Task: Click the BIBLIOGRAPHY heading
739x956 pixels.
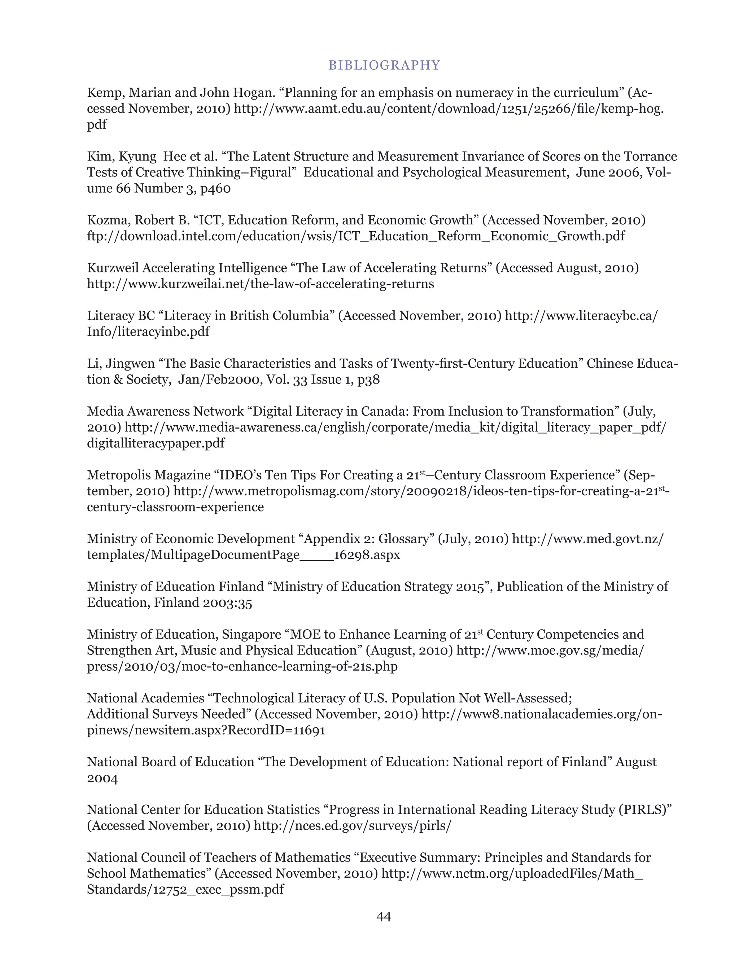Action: [x=384, y=65]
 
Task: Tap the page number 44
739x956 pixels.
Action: [x=384, y=916]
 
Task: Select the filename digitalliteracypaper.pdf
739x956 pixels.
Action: [x=156, y=443]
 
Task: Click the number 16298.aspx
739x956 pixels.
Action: [x=367, y=555]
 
